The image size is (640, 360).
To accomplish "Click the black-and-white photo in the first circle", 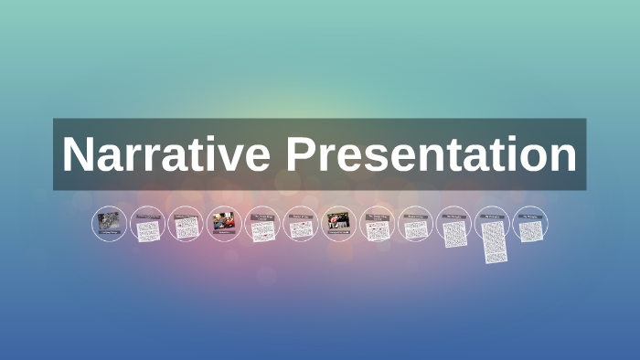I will (109, 220).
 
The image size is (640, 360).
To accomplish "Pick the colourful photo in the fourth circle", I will (223, 220).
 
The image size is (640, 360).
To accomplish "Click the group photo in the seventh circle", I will (338, 220).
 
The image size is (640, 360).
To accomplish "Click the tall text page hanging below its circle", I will (492, 239).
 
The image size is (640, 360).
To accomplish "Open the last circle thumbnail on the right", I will (529, 227).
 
